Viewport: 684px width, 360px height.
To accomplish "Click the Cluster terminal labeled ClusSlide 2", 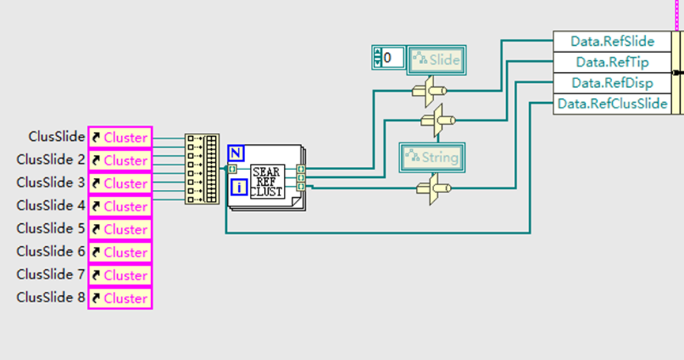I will coord(119,160).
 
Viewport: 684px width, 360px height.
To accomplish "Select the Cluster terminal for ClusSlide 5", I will coord(119,229).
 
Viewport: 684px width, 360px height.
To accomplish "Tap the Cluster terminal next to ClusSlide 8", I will coord(119,297).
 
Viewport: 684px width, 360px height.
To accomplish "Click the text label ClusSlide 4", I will coord(51,206).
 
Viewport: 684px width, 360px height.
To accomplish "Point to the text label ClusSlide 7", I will coord(51,275).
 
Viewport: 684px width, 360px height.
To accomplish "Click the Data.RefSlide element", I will coord(611,41).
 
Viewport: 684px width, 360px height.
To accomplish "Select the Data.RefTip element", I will coord(611,62).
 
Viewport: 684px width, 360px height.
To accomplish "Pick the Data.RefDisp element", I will coord(611,82).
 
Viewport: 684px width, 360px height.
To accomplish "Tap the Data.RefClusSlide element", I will coord(611,103).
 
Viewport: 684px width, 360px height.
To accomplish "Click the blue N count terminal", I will coord(236,153).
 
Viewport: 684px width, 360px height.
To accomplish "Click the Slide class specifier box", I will coord(435,59).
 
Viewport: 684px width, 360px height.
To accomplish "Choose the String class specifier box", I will coord(432,157).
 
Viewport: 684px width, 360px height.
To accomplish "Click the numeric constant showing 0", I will coord(387,57).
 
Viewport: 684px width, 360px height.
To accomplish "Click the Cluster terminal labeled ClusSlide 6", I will coord(119,252).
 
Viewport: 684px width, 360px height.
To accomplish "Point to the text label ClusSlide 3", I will coord(51,183).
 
